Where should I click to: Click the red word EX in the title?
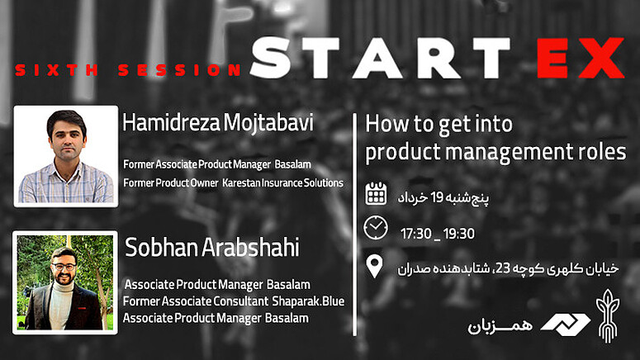[x=581, y=58]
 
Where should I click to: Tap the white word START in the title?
[x=380, y=58]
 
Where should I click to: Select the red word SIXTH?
[x=56, y=70]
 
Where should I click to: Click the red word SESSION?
[x=179, y=70]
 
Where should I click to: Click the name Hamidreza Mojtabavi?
[x=218, y=122]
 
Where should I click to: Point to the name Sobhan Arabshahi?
[x=212, y=248]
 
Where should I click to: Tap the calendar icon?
[x=376, y=193]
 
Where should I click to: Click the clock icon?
[x=376, y=228]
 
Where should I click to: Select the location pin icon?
[x=374, y=267]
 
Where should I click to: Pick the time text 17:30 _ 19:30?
[x=438, y=234]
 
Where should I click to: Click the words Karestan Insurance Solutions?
[x=282, y=182]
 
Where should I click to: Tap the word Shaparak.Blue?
[x=308, y=301]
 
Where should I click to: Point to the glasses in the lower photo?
[x=64, y=267]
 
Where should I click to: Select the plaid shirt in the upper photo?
[x=66, y=183]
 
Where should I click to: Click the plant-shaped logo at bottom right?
[x=608, y=316]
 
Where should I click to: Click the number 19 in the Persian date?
[x=437, y=197]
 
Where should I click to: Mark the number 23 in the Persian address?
[x=503, y=268]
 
